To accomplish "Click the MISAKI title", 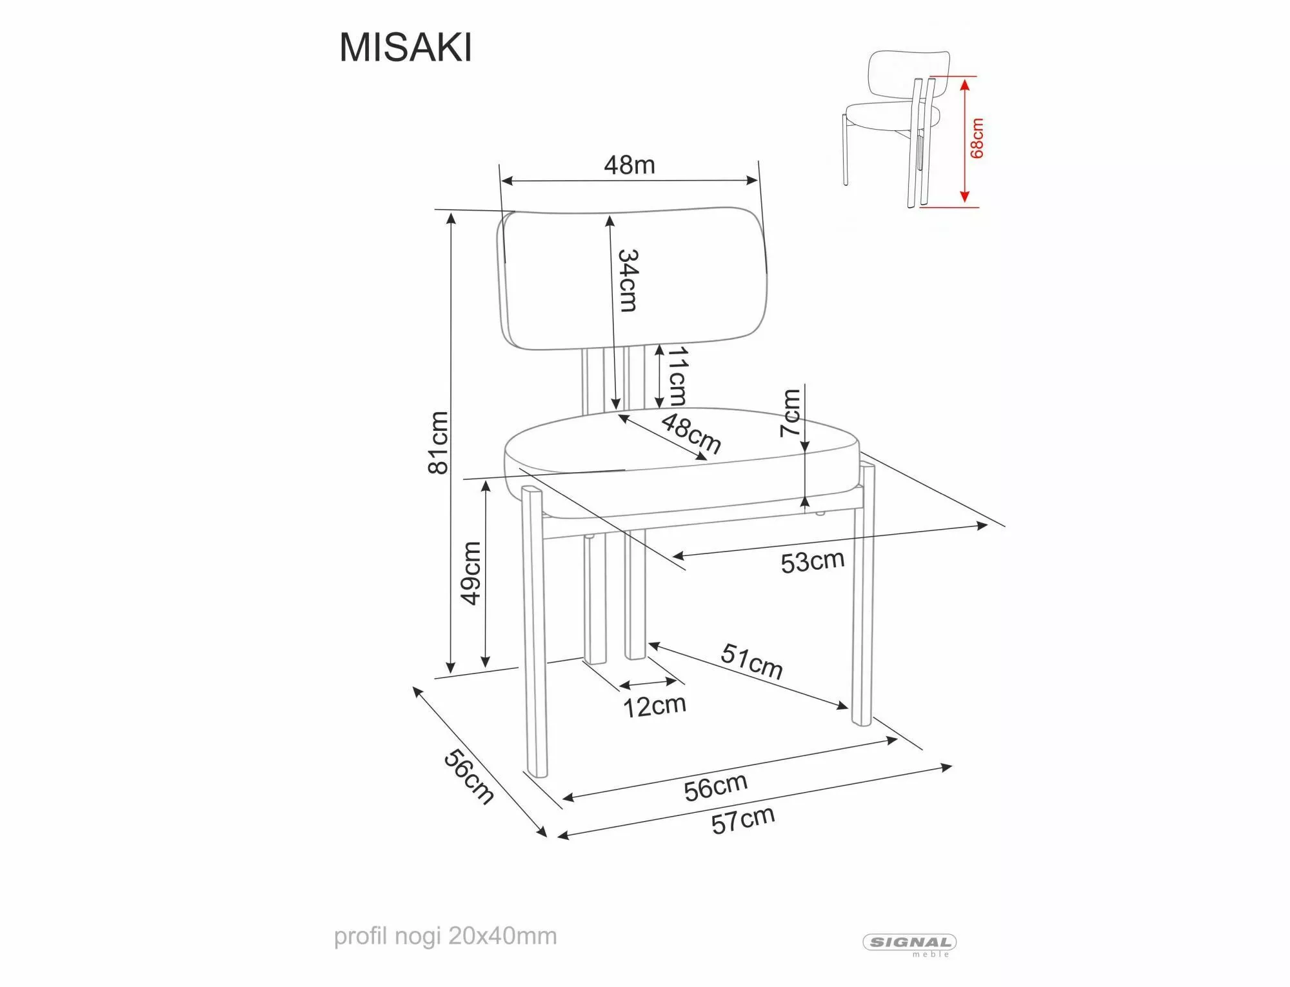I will pos(406,48).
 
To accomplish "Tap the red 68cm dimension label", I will pos(977,139).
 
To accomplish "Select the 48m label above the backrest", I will pos(630,165).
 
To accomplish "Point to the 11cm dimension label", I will pos(677,376).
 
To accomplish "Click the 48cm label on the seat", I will pos(691,434).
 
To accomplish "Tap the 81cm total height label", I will pos(439,443).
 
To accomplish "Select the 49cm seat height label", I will pos(471,573).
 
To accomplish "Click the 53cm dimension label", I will pos(812,561).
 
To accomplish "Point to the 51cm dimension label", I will pos(751,661).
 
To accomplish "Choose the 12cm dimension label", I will pos(654,706).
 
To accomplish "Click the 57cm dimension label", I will pos(742,821).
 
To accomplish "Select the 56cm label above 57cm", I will pos(715,787).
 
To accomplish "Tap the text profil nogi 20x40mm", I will pos(445,936).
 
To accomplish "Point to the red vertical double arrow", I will pos(964,140).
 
